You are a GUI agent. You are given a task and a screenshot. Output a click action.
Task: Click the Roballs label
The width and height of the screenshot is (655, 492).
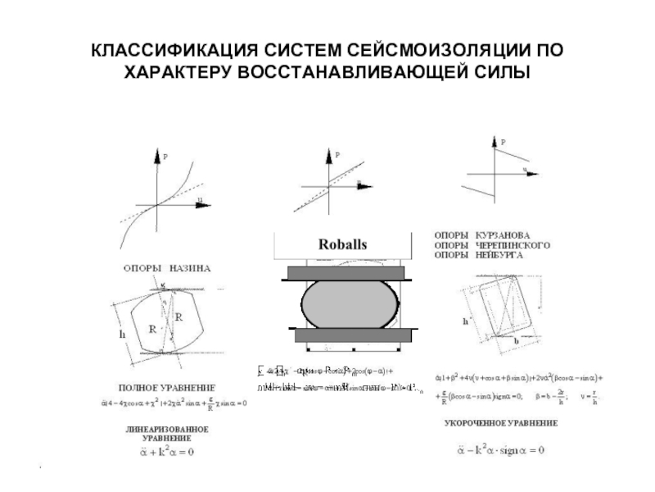pos(342,244)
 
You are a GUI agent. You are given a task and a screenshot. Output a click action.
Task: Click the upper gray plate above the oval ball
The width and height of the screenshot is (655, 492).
pos(342,272)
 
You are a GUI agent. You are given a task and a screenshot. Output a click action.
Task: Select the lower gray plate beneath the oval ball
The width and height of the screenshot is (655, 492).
pos(342,334)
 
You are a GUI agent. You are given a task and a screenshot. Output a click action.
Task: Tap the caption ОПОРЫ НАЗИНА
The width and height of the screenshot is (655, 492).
pos(167,268)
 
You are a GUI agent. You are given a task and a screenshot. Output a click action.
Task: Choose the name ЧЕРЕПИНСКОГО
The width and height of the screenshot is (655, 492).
pos(516,245)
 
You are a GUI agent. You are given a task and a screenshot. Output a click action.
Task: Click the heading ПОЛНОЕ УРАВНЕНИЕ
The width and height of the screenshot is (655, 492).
pos(167,385)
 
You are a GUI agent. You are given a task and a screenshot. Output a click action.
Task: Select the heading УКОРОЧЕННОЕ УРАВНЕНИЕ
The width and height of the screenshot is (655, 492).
pos(501,424)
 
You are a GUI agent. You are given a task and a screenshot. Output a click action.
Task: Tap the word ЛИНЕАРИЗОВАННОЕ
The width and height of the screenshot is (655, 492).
pos(166,429)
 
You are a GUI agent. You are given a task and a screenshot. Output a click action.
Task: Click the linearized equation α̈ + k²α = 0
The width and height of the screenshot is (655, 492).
pos(166,452)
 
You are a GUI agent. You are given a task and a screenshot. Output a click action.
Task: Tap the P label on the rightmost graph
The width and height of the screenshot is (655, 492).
pos(503,143)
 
